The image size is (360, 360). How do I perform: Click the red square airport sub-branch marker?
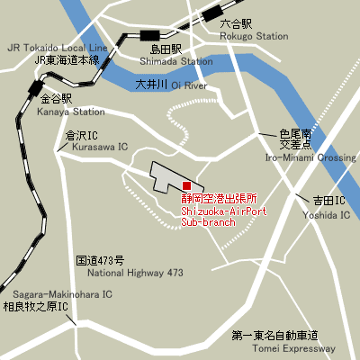click(186, 185)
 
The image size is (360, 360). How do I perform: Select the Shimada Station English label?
click(176, 61)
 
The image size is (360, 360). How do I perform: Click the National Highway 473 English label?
click(135, 272)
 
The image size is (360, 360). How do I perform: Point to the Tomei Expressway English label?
click(295, 348)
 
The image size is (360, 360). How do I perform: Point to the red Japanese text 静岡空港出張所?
click(219, 197)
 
